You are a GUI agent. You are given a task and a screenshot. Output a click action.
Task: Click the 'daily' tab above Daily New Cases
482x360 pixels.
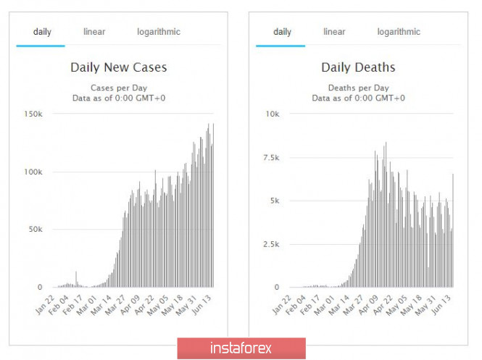(41, 32)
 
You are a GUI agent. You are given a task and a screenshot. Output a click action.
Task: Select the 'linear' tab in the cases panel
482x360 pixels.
(95, 32)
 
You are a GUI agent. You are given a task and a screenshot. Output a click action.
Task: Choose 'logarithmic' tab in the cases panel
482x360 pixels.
(159, 32)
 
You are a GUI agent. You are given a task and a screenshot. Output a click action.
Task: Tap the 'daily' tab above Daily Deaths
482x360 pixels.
(282, 32)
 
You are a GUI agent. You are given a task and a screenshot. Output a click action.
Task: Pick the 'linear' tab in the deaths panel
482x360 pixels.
(334, 32)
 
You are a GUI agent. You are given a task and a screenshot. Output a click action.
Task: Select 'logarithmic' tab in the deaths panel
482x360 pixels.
(398, 32)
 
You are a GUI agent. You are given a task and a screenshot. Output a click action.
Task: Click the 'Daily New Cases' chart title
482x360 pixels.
(118, 68)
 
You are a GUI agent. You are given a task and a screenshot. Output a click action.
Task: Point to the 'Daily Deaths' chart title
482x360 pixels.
(358, 68)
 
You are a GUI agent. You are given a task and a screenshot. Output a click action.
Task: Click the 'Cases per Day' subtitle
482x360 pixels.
(118, 88)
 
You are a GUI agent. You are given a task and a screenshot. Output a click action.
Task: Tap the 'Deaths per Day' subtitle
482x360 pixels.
(358, 88)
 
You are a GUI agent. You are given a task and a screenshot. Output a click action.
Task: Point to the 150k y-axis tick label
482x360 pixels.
(33, 114)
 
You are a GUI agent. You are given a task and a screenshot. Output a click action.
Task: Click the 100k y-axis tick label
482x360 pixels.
(33, 172)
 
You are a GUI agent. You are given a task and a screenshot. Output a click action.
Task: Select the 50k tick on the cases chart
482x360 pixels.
(35, 229)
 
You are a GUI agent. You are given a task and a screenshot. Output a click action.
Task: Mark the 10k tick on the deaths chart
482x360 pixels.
(273, 114)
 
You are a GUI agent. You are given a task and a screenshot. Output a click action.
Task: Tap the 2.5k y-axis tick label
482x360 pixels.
(271, 244)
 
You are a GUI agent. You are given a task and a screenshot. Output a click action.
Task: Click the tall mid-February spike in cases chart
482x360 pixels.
(76, 280)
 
